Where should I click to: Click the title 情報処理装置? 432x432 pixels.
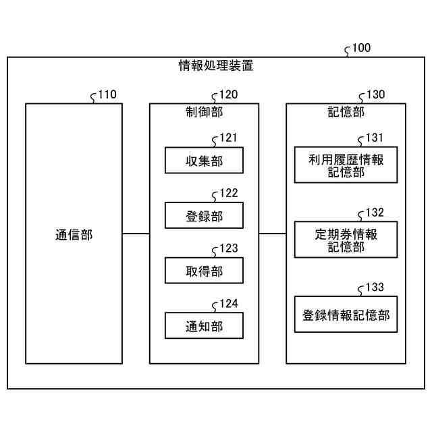coord(216,66)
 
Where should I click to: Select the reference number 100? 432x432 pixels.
coord(361,48)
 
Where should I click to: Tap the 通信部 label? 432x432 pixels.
coord(74,235)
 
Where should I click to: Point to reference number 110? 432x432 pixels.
coord(107,94)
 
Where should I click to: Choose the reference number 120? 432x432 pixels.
coord(228,95)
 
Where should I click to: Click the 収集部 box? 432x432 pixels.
coord(204,161)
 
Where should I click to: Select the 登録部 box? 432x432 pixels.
coord(204,216)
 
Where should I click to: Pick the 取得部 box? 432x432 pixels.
coord(204,271)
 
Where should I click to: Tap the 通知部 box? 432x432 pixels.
coord(204,326)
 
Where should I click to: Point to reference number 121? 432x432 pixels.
coord(228,138)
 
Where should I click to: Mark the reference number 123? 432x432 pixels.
coord(228,248)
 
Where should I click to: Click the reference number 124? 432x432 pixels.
coord(228,304)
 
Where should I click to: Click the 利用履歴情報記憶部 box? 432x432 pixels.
coord(346,165)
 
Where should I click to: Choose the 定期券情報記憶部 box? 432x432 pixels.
coord(346,240)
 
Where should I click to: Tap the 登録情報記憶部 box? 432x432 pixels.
coord(346,315)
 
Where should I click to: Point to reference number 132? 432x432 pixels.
coord(375,213)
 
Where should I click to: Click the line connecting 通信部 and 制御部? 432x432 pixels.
coord(136,234)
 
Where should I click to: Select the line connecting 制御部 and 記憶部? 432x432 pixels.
coord(273,234)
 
